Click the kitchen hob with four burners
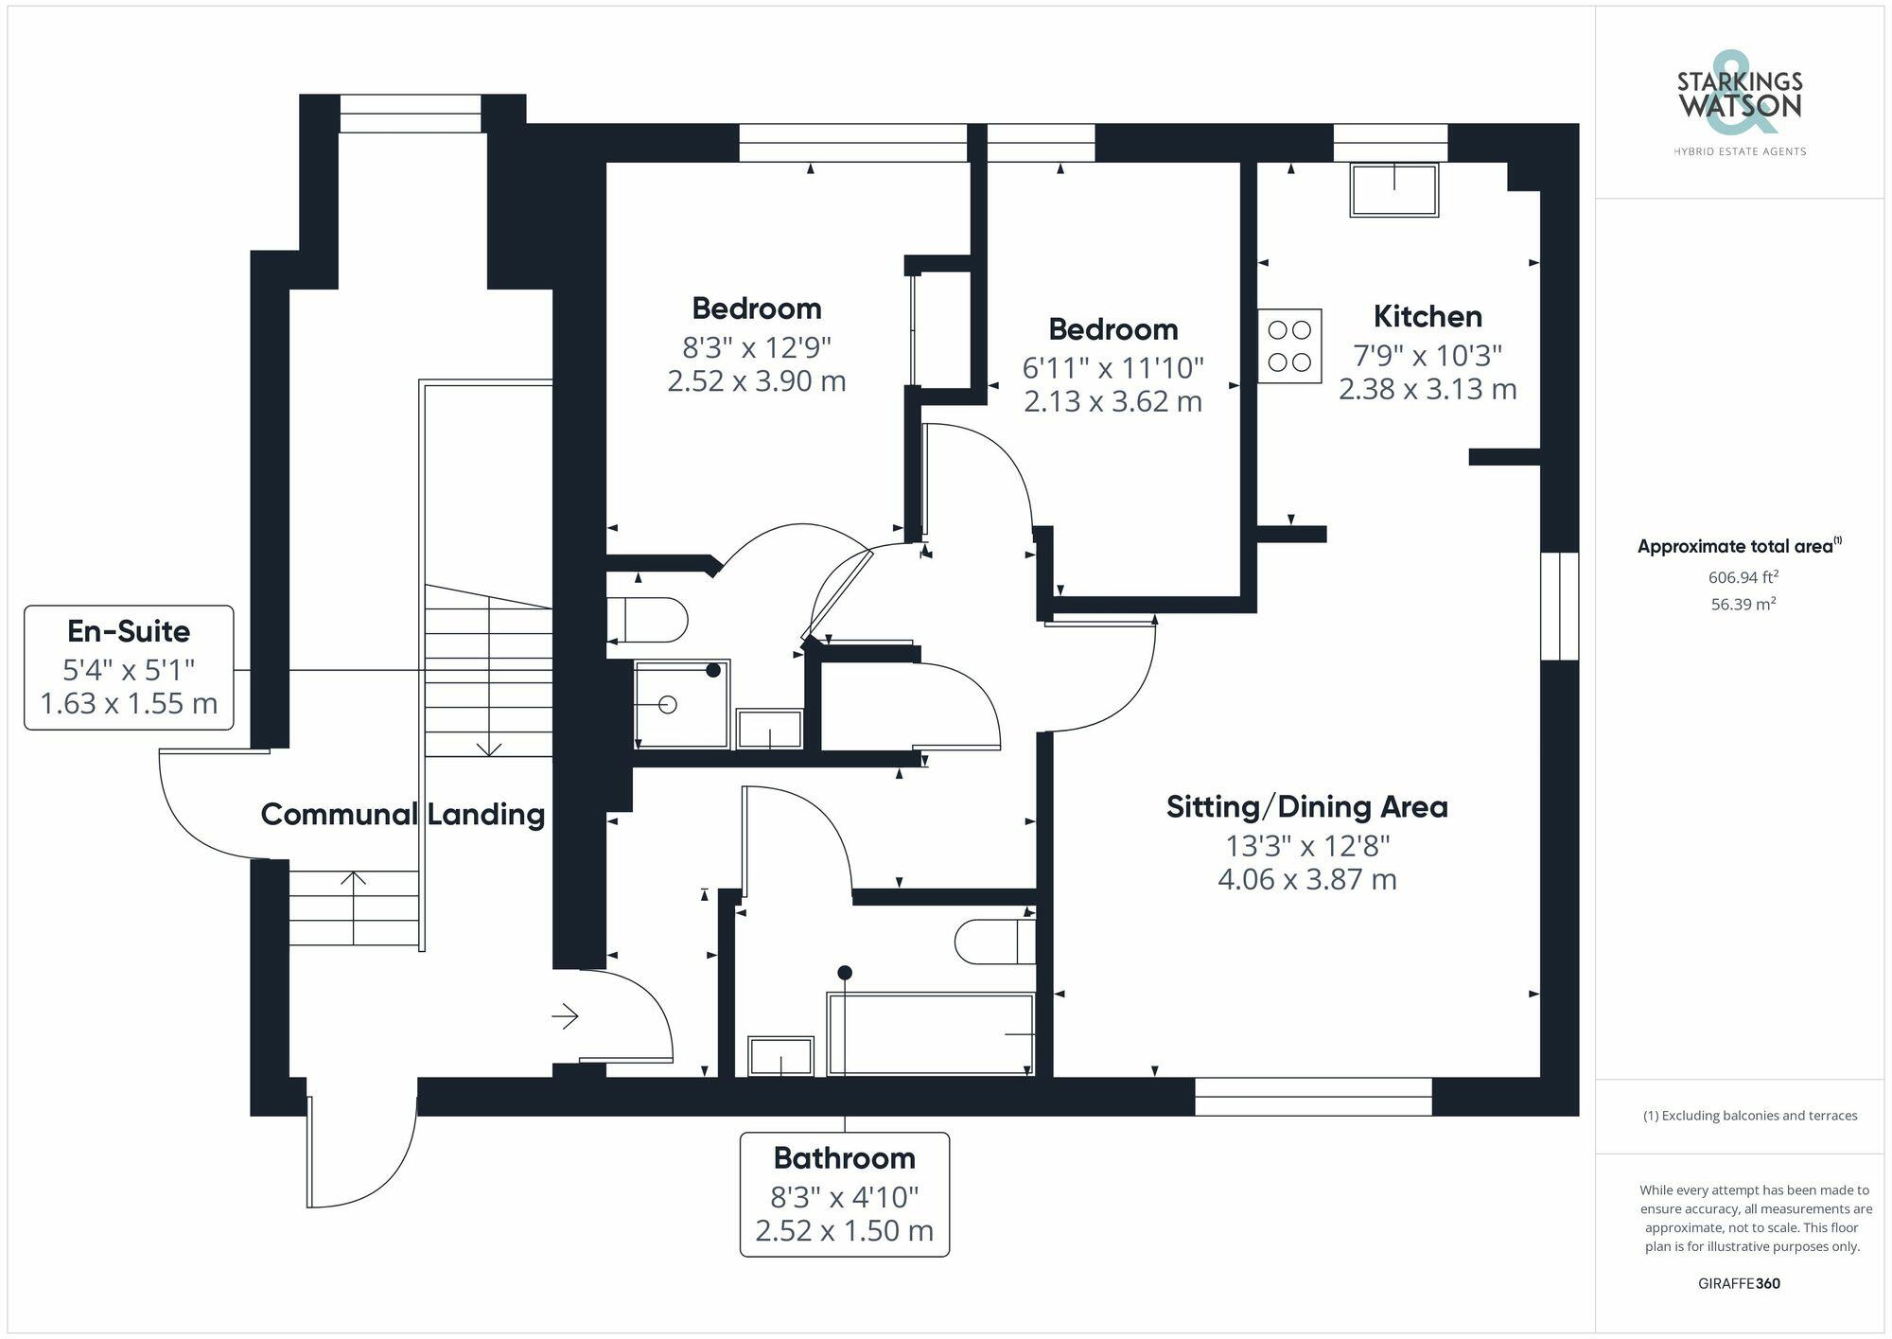pyautogui.click(x=1289, y=345)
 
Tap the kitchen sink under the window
pyautogui.click(x=1393, y=190)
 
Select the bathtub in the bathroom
pyautogui.click(x=931, y=1033)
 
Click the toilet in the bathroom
pyautogui.click(x=993, y=941)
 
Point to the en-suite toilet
pyautogui.click(x=648, y=620)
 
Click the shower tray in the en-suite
pyautogui.click(x=681, y=704)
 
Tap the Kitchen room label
pyautogui.click(x=1427, y=316)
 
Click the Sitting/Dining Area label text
pyautogui.click(x=1306, y=806)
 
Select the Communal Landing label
pyautogui.click(x=402, y=814)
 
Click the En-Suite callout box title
pyautogui.click(x=129, y=631)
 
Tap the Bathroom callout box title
pyautogui.click(x=844, y=1157)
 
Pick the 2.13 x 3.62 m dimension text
pyautogui.click(x=1112, y=401)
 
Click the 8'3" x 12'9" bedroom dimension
pyautogui.click(x=756, y=346)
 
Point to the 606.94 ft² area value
pyautogui.click(x=1743, y=576)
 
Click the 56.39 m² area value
pyautogui.click(x=1743, y=604)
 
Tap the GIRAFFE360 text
pyautogui.click(x=1739, y=1283)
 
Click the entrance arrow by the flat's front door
pyautogui.click(x=566, y=1016)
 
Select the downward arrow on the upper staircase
pyautogui.click(x=488, y=747)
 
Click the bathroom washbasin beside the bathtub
pyautogui.click(x=780, y=1056)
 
